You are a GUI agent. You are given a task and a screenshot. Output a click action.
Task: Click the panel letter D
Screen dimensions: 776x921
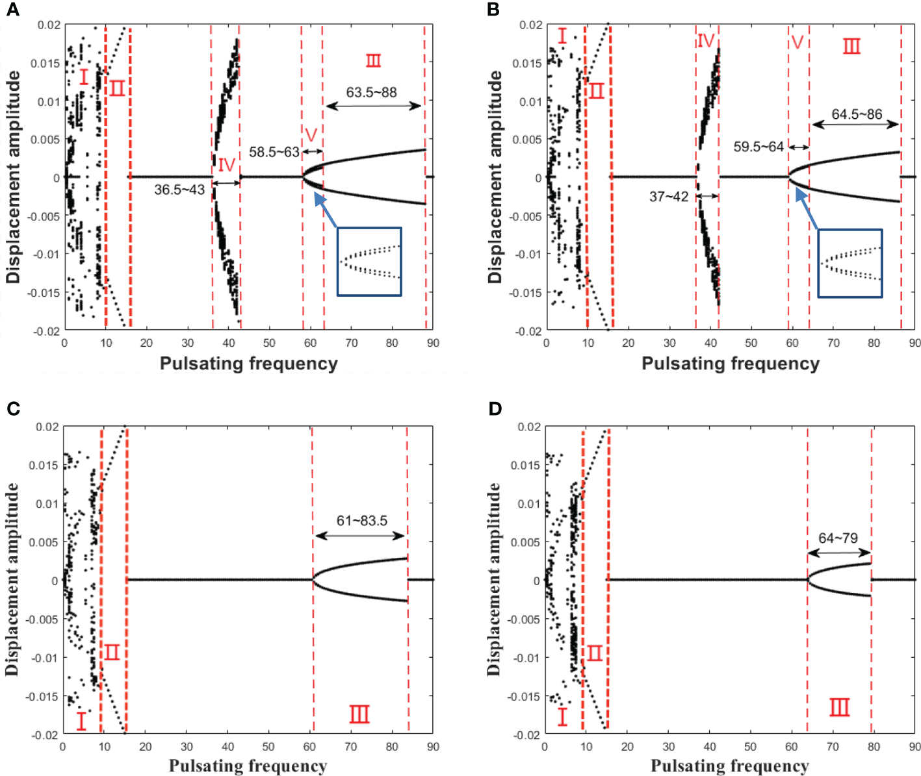pyautogui.click(x=495, y=408)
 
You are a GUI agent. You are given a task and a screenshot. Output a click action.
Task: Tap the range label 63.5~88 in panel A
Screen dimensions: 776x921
pyautogui.click(x=370, y=92)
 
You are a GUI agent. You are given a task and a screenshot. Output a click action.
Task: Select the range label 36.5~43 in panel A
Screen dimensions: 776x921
pyautogui.click(x=179, y=190)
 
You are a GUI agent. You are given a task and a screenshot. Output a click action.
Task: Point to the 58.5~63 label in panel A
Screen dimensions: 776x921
pyautogui.click(x=274, y=152)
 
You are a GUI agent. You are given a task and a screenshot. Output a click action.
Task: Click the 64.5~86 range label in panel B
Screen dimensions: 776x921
pyautogui.click(x=857, y=114)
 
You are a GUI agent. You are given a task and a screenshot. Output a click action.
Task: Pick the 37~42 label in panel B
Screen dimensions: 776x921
pyautogui.click(x=668, y=196)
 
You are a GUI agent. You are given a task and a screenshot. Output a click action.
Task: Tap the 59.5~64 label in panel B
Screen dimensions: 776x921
pyautogui.click(x=758, y=147)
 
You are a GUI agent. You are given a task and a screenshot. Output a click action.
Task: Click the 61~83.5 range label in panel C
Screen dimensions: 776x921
pyautogui.click(x=361, y=520)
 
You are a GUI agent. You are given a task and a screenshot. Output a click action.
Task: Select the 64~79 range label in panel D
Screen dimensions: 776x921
pyautogui.click(x=838, y=538)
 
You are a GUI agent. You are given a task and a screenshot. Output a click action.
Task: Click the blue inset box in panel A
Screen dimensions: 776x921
pyautogui.click(x=369, y=262)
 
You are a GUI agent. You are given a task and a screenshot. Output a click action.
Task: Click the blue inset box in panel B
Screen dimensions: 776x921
pyautogui.click(x=850, y=264)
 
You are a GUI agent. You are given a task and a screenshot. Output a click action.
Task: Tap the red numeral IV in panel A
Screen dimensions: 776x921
pyautogui.click(x=226, y=164)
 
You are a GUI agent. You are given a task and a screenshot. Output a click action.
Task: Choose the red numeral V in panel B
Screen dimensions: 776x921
pyautogui.click(x=798, y=43)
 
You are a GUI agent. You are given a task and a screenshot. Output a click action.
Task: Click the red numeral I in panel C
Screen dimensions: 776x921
pyautogui.click(x=81, y=720)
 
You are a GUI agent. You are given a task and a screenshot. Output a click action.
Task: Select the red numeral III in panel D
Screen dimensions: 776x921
pyautogui.click(x=839, y=707)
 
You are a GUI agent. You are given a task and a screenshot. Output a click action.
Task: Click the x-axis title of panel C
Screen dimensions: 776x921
pyautogui.click(x=248, y=766)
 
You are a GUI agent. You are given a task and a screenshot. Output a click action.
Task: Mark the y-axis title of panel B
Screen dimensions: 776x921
pyautogui.click(x=496, y=177)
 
